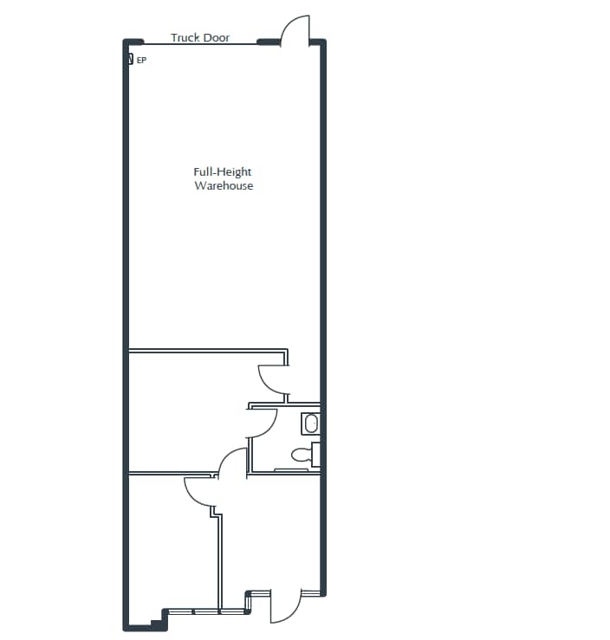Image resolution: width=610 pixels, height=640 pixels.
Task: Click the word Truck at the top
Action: click(185, 38)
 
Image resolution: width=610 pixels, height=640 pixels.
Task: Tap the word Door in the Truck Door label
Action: click(216, 38)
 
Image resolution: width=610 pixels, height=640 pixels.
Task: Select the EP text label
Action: click(141, 61)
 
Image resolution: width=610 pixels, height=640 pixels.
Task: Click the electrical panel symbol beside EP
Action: click(130, 60)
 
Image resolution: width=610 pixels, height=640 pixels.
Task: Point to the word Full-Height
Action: click(223, 172)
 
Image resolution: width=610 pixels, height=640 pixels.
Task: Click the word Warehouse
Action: click(224, 186)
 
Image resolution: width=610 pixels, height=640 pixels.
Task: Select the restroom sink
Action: click(310, 423)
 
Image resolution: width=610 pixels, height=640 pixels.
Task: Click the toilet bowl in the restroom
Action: click(301, 454)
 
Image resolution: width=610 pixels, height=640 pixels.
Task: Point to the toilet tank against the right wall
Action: click(316, 454)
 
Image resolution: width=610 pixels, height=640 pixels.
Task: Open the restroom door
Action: click(262, 423)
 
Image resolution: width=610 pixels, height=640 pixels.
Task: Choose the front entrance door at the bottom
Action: click(284, 606)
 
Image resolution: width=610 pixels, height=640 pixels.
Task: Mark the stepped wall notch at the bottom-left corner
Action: click(157, 620)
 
